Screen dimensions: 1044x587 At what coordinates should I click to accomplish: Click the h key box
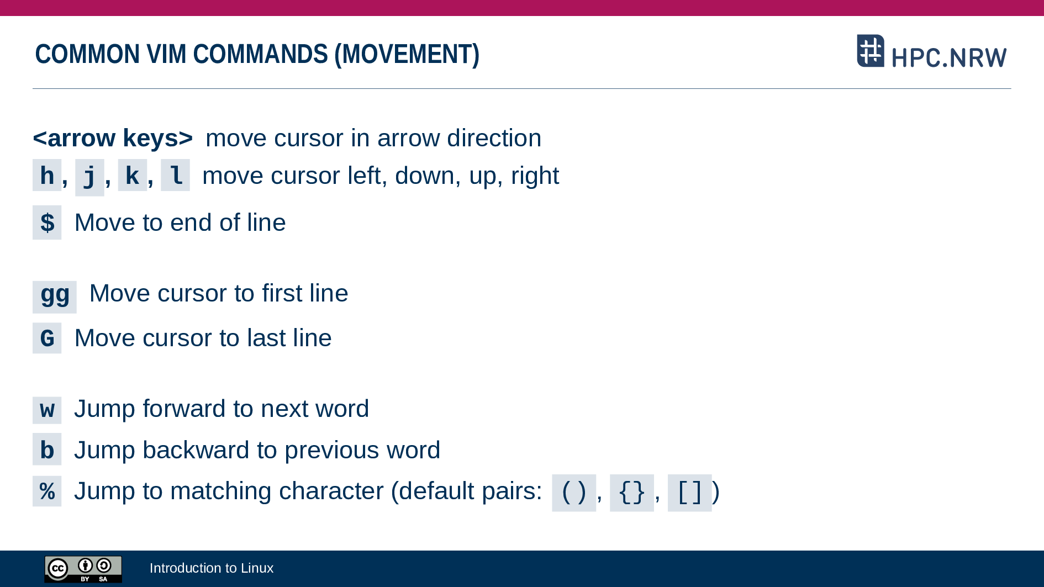point(47,175)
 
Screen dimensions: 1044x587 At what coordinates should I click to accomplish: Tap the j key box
point(89,177)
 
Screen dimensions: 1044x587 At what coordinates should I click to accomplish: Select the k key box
point(133,175)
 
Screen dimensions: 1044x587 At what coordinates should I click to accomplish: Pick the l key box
point(175,175)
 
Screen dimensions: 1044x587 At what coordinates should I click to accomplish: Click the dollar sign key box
point(47,223)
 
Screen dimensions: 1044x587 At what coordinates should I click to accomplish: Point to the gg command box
point(55,297)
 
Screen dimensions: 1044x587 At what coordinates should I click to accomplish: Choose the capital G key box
point(47,338)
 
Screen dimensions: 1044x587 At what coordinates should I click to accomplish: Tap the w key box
point(47,410)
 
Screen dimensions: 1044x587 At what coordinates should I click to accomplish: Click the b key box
point(47,449)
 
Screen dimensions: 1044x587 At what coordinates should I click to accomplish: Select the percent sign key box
point(47,491)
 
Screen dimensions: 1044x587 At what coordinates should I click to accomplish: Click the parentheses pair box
point(574,493)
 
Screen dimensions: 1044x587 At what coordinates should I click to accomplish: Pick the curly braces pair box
point(632,493)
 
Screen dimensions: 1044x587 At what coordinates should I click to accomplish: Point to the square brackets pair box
point(690,493)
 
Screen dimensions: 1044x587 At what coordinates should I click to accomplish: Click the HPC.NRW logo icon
point(871,51)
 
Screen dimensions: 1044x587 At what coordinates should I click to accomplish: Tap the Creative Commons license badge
point(83,569)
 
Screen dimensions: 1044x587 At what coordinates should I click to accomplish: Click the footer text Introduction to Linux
point(212,568)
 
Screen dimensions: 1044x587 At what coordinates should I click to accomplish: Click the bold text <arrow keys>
point(113,138)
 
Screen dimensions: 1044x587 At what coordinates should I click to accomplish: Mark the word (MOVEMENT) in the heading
point(407,54)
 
